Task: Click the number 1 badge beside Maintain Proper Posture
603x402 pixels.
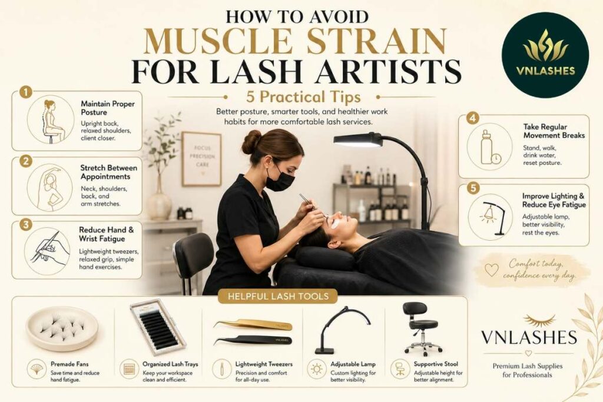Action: pyautogui.click(x=26, y=92)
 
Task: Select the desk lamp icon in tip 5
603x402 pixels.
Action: pyautogui.click(x=494, y=218)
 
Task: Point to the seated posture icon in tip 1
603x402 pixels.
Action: pyautogui.click(x=52, y=121)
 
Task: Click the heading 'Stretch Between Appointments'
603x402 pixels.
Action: pyautogui.click(x=108, y=172)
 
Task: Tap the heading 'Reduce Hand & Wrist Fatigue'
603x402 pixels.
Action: pyautogui.click(x=106, y=234)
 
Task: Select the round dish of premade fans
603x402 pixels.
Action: pyautogui.click(x=61, y=328)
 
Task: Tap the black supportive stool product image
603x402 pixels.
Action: pyautogui.click(x=418, y=328)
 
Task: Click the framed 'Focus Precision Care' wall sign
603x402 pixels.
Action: pyautogui.click(x=201, y=159)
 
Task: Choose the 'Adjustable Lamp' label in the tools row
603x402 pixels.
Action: pyautogui.click(x=353, y=364)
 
